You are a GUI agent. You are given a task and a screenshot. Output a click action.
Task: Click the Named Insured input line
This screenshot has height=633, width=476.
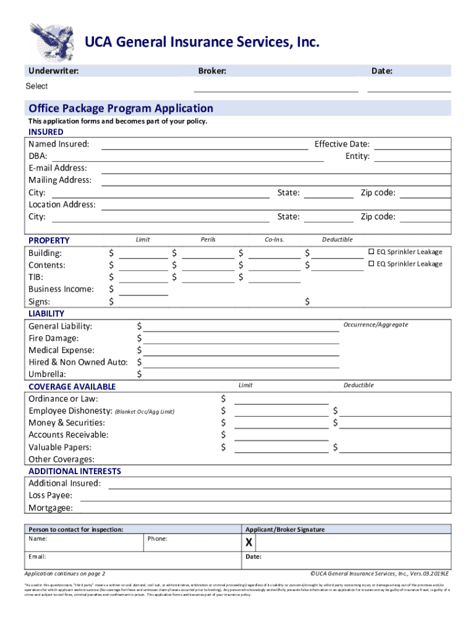click(x=204, y=146)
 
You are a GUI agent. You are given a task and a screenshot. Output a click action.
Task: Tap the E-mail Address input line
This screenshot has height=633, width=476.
click(x=275, y=169)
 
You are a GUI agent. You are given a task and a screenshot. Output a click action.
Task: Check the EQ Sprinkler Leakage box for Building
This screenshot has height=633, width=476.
click(x=372, y=252)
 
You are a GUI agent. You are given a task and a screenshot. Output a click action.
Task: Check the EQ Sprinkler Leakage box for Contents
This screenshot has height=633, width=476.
click(x=372, y=264)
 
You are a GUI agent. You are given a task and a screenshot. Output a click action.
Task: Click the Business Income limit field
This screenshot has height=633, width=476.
click(x=143, y=291)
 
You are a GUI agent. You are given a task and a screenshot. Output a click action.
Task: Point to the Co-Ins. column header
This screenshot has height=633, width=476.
click(x=274, y=240)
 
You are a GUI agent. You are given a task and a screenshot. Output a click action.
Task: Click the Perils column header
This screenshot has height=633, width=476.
click(x=208, y=240)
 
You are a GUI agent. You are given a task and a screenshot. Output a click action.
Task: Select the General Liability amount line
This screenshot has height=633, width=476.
click(x=240, y=328)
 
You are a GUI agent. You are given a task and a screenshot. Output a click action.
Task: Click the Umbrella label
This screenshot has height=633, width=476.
click(x=48, y=375)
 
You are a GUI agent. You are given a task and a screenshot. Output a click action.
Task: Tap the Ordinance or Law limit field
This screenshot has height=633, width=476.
click(x=281, y=400)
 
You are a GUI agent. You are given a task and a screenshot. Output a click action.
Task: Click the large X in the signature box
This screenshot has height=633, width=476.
click(x=249, y=543)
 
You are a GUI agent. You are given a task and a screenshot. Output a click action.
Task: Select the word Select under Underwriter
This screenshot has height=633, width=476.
click(x=36, y=87)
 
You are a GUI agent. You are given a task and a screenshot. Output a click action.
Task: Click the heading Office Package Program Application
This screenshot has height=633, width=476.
click(x=121, y=109)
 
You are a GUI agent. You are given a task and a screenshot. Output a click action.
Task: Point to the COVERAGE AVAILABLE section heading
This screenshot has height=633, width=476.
click(x=72, y=387)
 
